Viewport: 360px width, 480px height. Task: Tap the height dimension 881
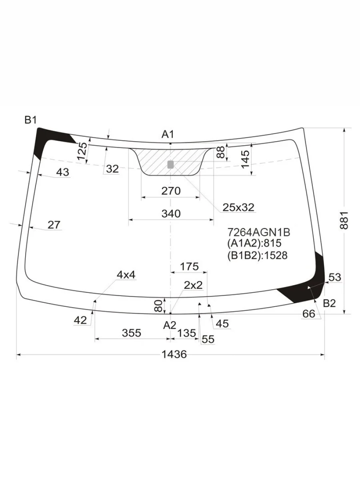344,220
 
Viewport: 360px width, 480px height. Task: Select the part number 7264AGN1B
259,232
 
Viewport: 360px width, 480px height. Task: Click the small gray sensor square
170,164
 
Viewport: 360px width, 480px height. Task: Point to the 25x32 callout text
238,207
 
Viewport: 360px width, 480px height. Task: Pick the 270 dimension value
171,191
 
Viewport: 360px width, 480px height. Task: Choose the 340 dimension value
171,214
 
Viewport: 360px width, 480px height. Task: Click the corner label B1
30,120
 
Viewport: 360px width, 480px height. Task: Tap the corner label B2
329,303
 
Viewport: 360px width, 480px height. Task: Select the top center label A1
168,134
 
